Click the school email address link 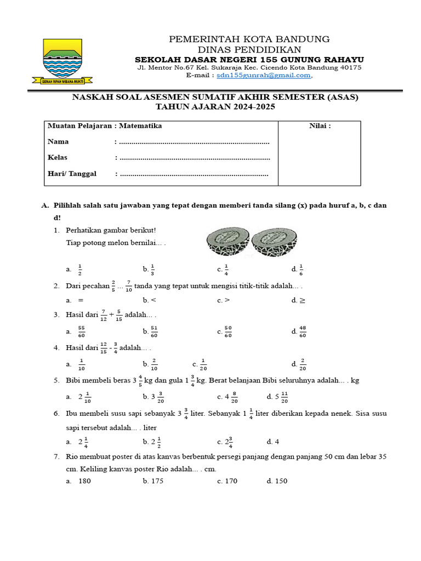coord(264,76)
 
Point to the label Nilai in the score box coord(320,126)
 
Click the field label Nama coord(58,142)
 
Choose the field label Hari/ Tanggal coord(72,174)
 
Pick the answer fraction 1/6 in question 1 coord(301,269)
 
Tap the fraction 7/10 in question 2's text coord(128,286)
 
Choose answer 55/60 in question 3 coord(82,331)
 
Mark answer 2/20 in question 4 coord(303,364)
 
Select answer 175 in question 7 coord(156,481)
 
